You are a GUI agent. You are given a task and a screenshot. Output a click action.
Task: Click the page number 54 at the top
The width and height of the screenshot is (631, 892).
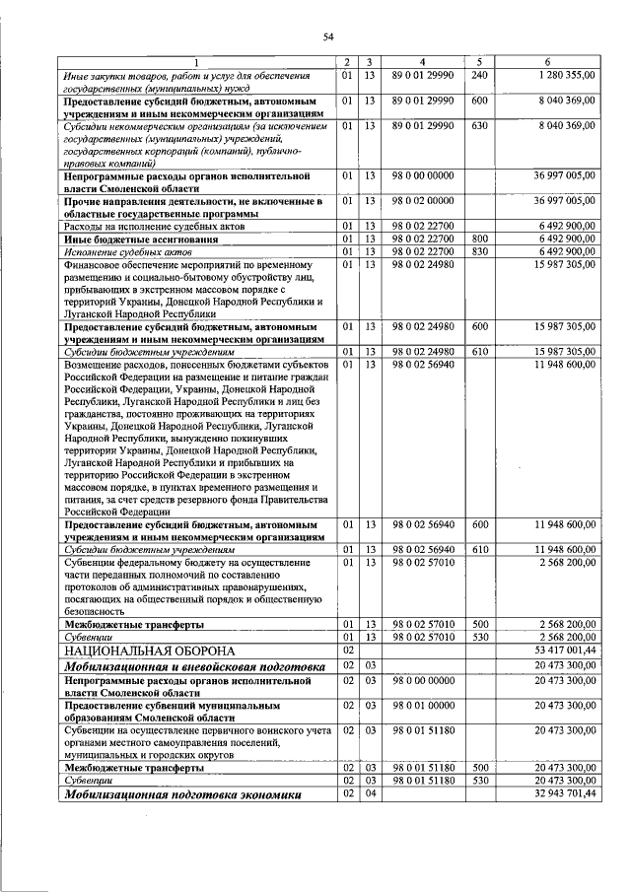pyautogui.click(x=329, y=36)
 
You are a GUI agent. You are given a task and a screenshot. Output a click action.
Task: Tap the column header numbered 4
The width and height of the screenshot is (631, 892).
pyautogui.click(x=422, y=63)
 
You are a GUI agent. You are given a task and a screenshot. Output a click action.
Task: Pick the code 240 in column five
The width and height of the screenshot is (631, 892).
pyautogui.click(x=480, y=75)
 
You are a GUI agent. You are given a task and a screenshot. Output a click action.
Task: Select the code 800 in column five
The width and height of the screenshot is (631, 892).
pyautogui.click(x=480, y=239)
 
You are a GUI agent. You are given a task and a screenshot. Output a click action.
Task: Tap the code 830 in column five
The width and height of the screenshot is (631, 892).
pyautogui.click(x=480, y=250)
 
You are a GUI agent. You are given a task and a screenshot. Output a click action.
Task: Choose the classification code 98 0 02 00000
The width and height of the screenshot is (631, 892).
pyautogui.click(x=422, y=201)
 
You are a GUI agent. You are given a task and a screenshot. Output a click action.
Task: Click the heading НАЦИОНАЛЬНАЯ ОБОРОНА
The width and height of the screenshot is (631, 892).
pyautogui.click(x=150, y=651)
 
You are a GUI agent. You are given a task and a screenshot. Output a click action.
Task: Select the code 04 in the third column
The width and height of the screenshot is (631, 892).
pyautogui.click(x=368, y=793)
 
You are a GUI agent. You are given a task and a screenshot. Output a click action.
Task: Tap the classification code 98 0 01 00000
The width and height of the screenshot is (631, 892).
pyautogui.click(x=422, y=706)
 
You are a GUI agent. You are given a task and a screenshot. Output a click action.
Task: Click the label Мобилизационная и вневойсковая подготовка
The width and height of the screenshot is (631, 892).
pyautogui.click(x=194, y=666)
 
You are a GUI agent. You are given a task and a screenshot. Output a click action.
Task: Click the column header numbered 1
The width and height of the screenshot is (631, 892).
pyautogui.click(x=195, y=63)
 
